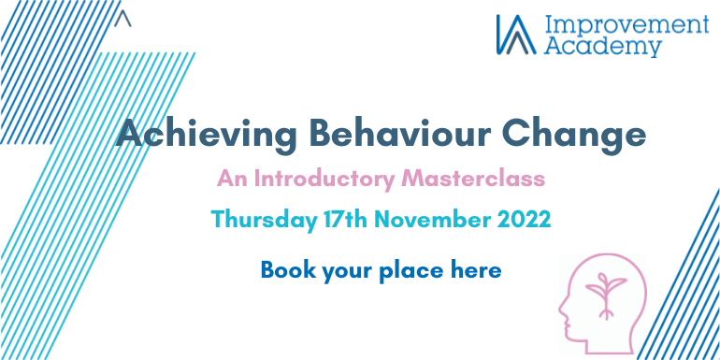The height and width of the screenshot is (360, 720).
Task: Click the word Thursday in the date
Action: click(256, 221)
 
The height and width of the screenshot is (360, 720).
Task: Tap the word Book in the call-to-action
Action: click(286, 270)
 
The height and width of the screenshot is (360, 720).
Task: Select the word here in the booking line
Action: click(477, 270)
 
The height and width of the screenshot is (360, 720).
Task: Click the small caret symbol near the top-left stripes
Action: click(126, 18)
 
